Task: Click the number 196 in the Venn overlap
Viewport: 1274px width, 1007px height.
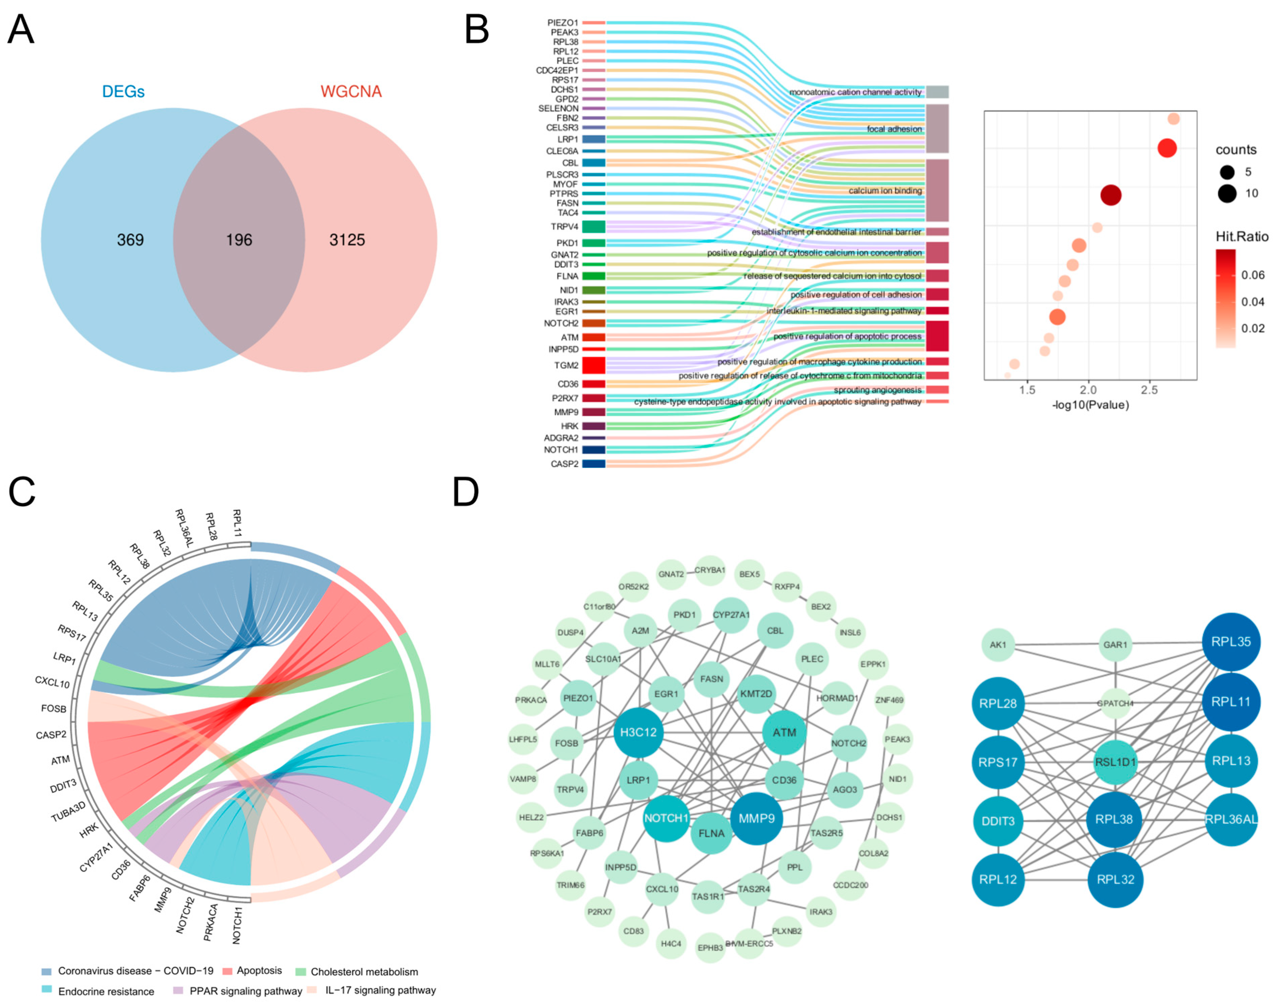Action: [239, 240]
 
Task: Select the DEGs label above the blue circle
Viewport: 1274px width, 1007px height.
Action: [123, 91]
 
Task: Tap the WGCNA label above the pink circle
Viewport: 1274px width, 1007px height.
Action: [351, 91]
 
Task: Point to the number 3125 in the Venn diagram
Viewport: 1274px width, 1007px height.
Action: [347, 240]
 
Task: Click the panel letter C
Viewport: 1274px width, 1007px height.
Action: [22, 492]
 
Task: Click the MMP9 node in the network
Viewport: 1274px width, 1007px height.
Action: [756, 818]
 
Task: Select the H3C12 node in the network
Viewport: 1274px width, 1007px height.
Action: [638, 732]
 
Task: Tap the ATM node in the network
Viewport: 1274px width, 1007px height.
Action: [784, 732]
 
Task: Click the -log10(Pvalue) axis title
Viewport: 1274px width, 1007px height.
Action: [1090, 405]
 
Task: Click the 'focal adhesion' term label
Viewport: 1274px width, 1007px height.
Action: [894, 129]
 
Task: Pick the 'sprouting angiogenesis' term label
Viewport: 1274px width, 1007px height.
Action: [877, 390]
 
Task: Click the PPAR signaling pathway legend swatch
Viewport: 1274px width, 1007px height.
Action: [179, 991]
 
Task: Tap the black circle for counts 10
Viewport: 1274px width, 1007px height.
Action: [1227, 193]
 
